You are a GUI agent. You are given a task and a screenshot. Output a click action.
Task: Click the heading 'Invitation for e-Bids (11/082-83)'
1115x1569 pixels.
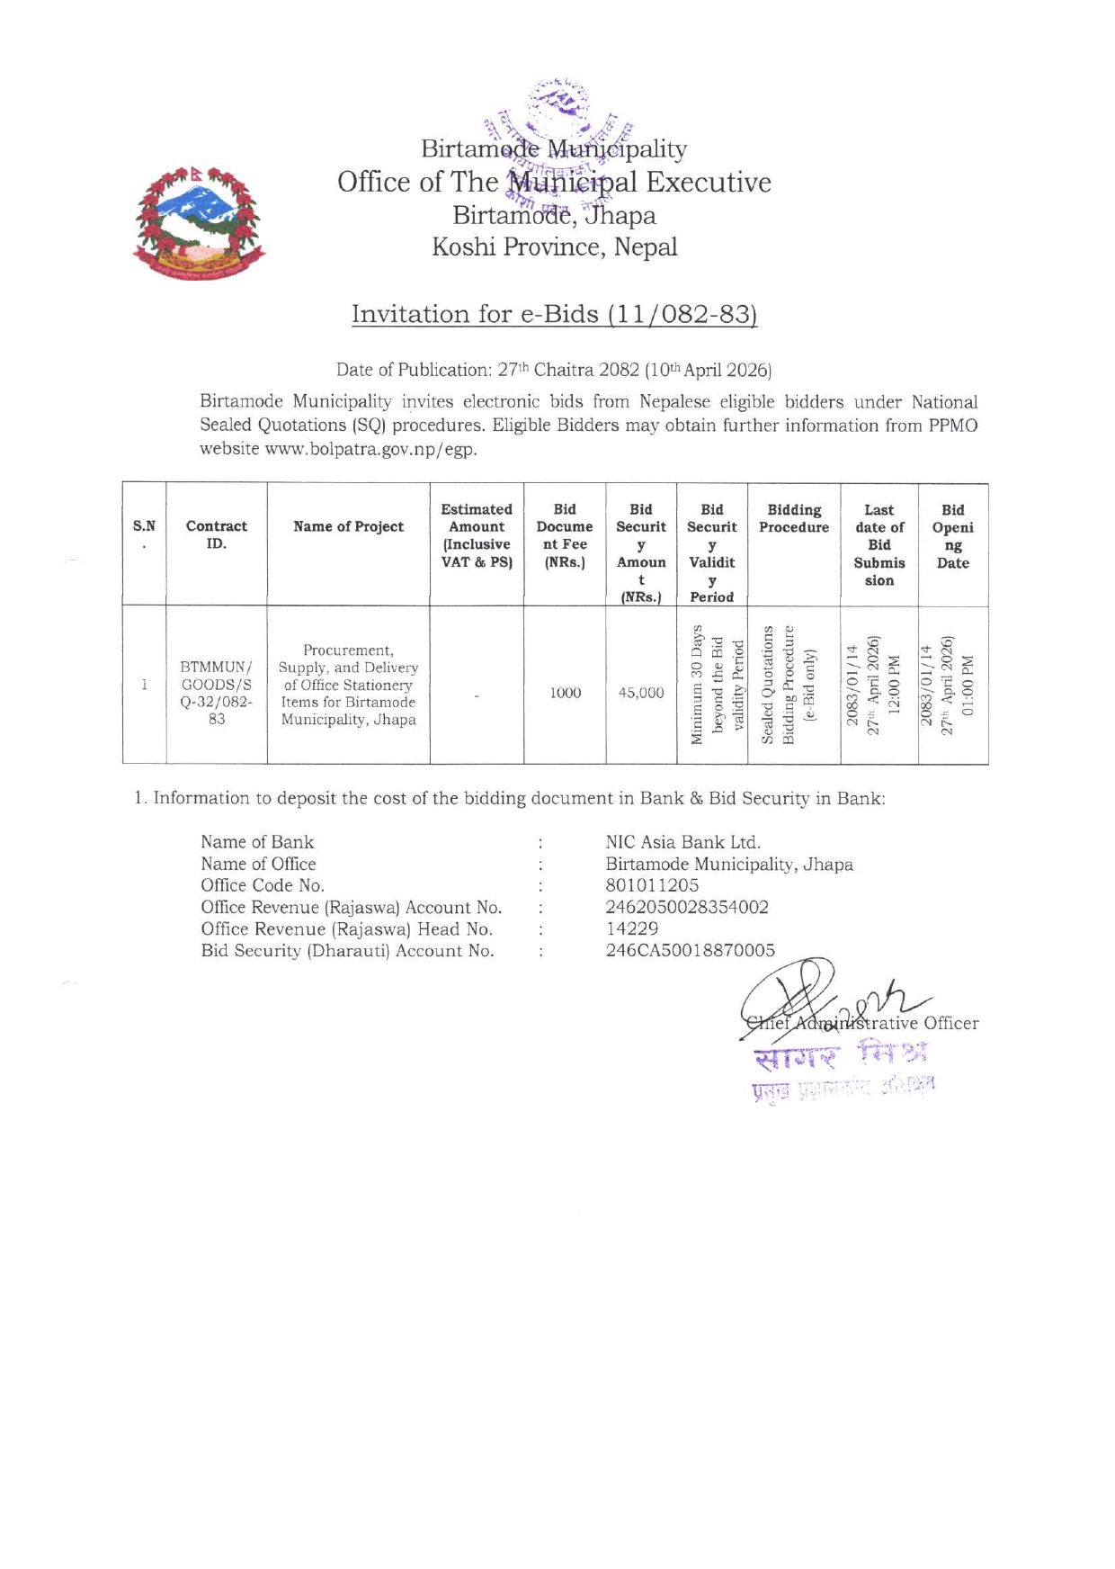(x=555, y=314)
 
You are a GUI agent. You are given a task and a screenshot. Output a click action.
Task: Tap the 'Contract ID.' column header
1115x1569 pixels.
(x=217, y=534)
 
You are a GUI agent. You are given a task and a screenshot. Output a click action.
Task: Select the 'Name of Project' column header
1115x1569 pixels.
(x=348, y=526)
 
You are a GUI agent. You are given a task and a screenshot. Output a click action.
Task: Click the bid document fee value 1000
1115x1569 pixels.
(x=566, y=693)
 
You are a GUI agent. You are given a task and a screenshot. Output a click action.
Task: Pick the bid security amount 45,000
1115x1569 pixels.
(x=641, y=693)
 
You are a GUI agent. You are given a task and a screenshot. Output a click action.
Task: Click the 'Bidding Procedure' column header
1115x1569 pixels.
(x=794, y=518)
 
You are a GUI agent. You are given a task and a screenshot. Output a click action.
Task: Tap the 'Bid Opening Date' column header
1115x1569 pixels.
(x=952, y=536)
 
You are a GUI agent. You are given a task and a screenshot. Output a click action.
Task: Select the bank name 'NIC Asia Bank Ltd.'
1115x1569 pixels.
(x=683, y=842)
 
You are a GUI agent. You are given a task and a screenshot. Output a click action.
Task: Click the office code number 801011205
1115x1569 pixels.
(x=652, y=885)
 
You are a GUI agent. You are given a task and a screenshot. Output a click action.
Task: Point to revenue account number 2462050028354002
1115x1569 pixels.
(x=687, y=907)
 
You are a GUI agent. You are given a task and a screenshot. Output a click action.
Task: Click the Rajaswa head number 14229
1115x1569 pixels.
(x=632, y=928)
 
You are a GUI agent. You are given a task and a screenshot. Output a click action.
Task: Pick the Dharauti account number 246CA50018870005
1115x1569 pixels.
(x=690, y=950)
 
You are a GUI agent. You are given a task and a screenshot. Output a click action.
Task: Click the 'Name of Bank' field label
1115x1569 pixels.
(x=257, y=842)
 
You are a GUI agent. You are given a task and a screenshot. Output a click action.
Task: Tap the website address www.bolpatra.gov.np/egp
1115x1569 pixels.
(x=370, y=449)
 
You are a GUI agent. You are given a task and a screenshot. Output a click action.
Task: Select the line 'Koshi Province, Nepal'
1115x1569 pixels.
(x=555, y=247)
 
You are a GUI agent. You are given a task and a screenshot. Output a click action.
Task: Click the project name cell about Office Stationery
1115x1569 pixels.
(x=348, y=685)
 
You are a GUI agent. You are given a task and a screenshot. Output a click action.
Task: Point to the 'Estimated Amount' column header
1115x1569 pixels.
(x=477, y=535)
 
